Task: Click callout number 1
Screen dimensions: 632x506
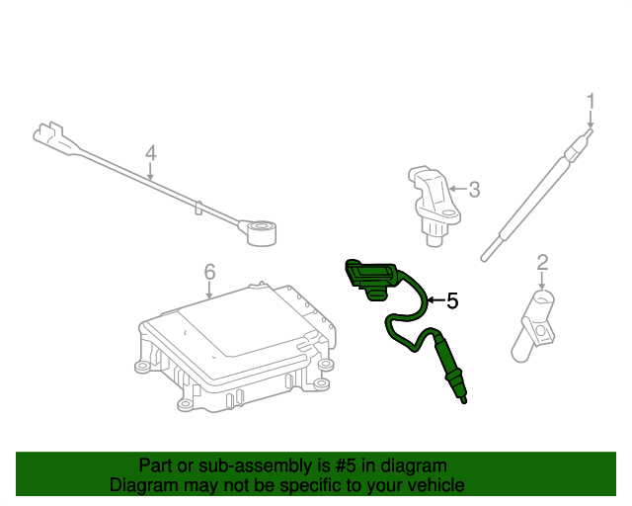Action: tap(591, 101)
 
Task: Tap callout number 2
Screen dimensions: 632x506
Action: tap(542, 262)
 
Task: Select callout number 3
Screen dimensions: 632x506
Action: tap(474, 190)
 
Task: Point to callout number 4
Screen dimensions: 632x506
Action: tap(150, 153)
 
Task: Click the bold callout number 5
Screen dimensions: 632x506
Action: tap(452, 301)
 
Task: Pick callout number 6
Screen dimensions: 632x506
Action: tap(209, 272)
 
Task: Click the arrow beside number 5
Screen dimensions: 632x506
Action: tap(436, 300)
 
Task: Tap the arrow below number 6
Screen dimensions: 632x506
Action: tap(208, 291)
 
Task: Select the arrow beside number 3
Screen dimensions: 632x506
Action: tap(458, 189)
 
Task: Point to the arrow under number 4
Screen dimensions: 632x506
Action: tap(150, 172)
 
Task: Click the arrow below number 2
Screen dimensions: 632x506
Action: tap(542, 282)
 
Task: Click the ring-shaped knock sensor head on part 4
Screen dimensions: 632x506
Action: tap(262, 233)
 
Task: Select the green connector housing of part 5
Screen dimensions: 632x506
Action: tap(370, 279)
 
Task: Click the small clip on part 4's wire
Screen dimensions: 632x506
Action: tap(198, 208)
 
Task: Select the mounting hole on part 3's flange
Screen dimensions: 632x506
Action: tap(447, 212)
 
